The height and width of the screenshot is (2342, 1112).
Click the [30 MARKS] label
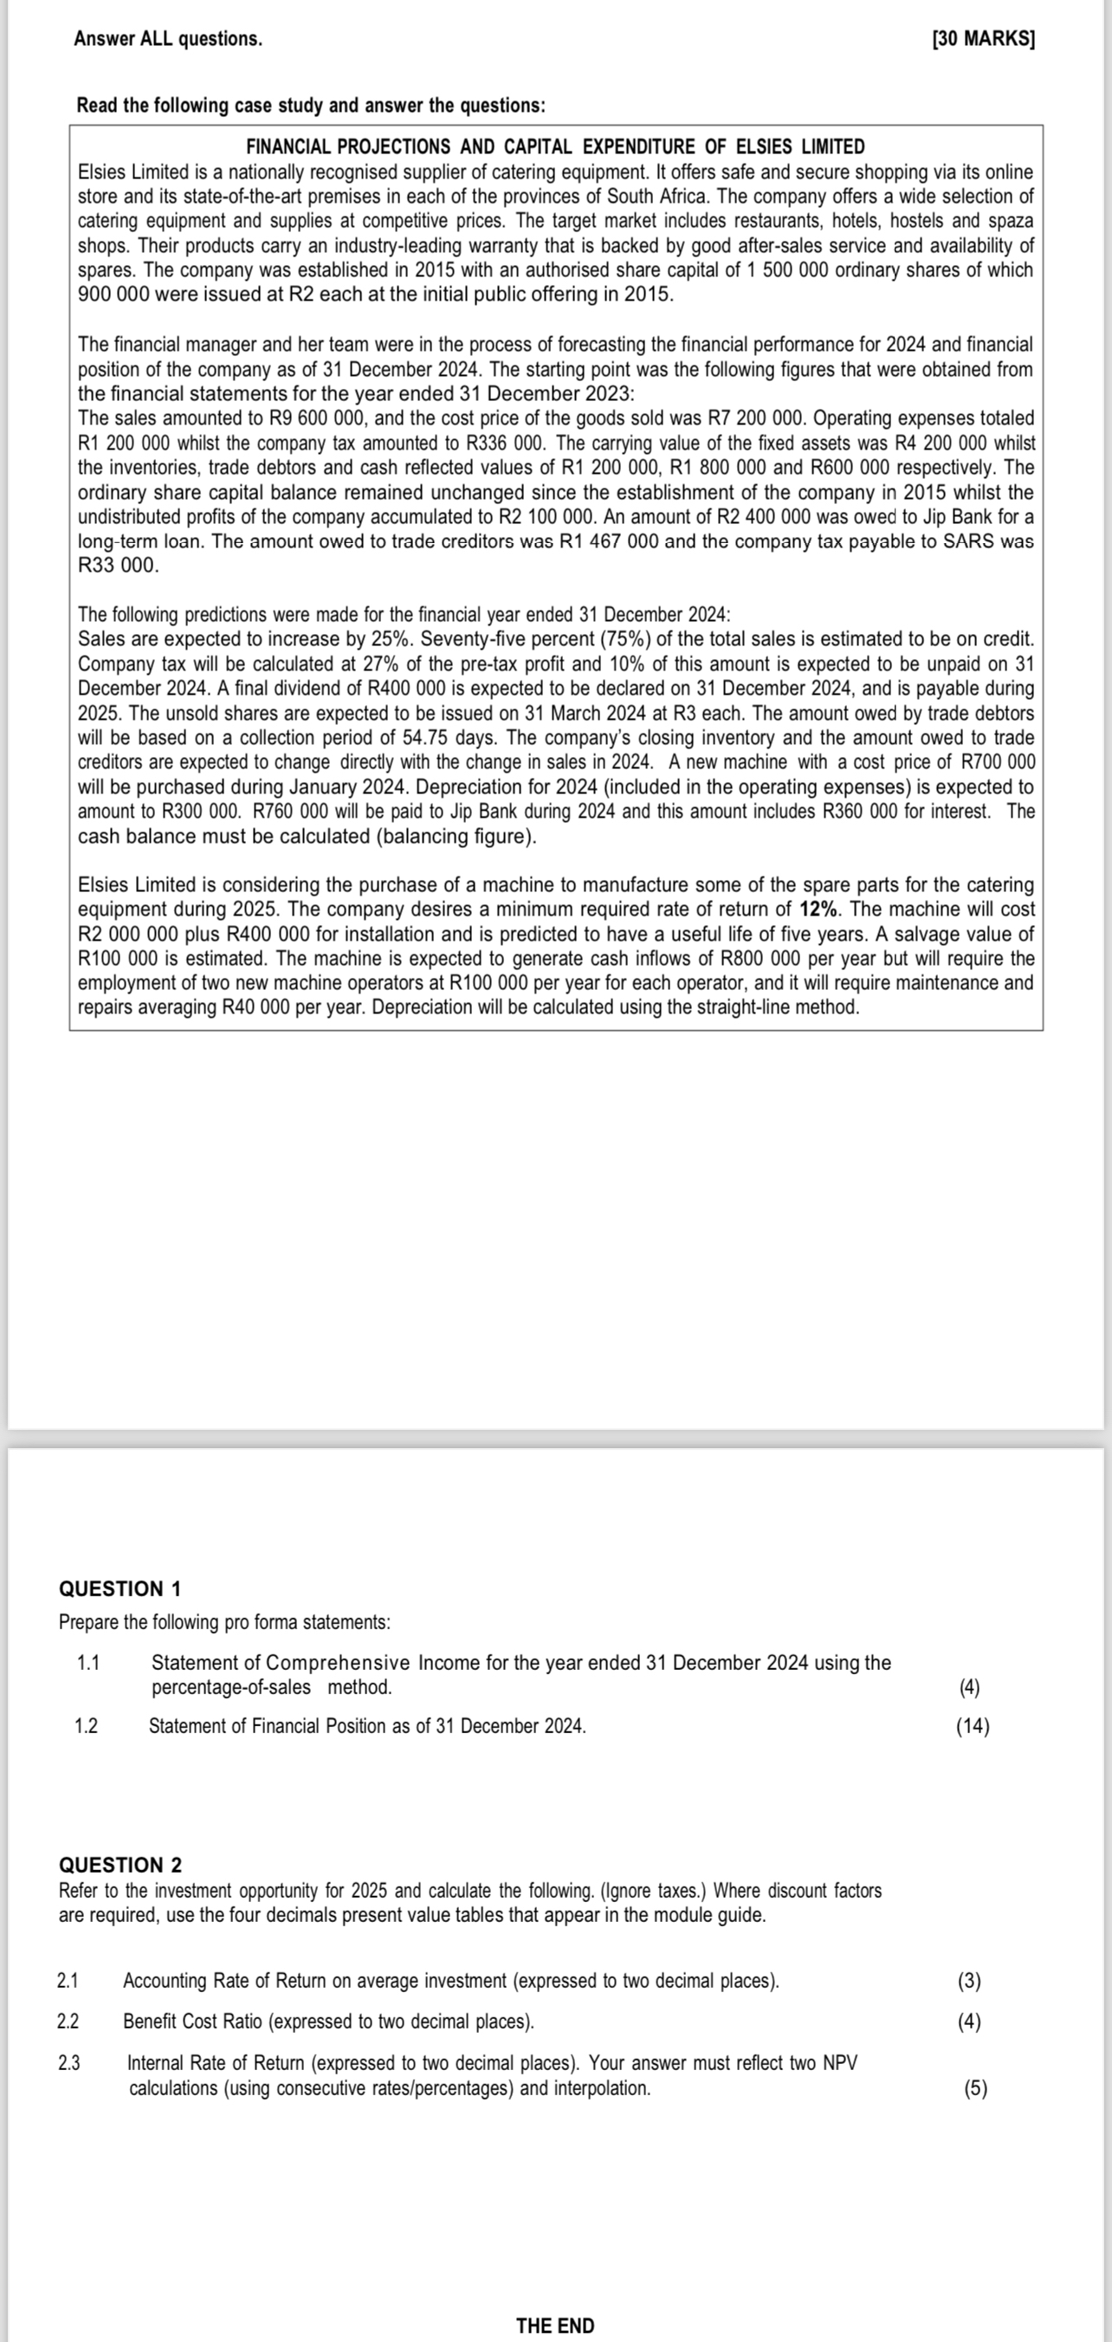pyautogui.click(x=983, y=39)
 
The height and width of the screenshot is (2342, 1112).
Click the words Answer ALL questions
pyautogui.click(x=168, y=39)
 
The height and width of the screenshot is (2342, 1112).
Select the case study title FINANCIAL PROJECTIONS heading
pyautogui.click(x=555, y=146)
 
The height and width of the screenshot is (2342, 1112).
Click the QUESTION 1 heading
pyautogui.click(x=120, y=1588)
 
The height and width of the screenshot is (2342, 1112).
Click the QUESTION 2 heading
pyautogui.click(x=120, y=1865)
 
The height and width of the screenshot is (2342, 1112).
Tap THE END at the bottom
pyautogui.click(x=554, y=2325)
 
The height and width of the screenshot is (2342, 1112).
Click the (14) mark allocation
pyautogui.click(x=972, y=1724)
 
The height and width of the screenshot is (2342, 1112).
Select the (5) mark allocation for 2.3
pyautogui.click(x=974, y=2087)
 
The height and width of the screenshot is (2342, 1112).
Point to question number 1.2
pyautogui.click(x=87, y=1724)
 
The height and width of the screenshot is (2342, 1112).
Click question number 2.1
pyautogui.click(x=68, y=1979)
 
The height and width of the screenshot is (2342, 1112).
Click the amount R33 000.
pyautogui.click(x=118, y=566)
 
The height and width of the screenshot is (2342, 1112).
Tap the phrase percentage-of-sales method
pyautogui.click(x=271, y=1686)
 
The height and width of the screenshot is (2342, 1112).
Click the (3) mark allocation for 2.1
pyautogui.click(x=969, y=1979)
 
